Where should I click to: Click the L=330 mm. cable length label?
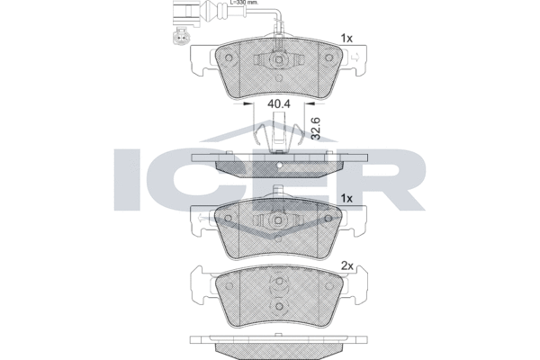click(x=244, y=3)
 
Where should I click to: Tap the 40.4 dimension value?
click(x=279, y=103)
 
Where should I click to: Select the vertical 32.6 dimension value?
click(x=316, y=128)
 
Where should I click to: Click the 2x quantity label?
click(x=347, y=266)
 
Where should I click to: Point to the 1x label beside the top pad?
click(x=346, y=39)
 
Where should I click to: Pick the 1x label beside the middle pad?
click(x=346, y=199)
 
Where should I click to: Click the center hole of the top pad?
click(x=279, y=59)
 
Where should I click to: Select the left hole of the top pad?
click(x=228, y=58)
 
